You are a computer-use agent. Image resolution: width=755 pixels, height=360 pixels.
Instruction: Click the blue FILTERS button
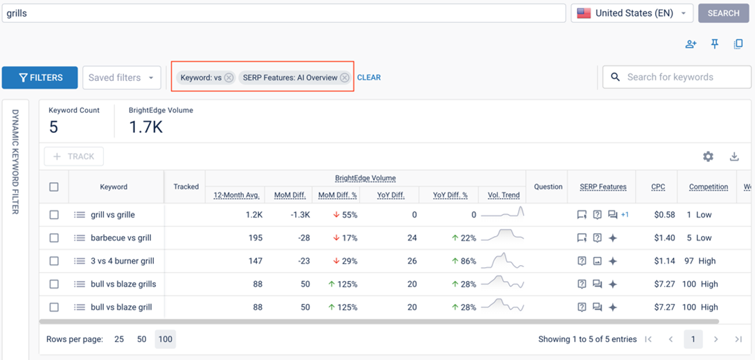40,78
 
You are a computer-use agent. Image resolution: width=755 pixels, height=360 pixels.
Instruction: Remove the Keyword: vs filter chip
229,78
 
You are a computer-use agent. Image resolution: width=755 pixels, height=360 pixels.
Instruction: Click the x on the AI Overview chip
344,78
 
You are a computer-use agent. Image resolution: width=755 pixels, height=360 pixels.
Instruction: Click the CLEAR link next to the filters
368,78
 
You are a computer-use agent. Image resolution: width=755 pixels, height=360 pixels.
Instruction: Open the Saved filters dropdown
121,78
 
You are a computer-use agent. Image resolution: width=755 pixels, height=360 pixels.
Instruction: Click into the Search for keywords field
682,78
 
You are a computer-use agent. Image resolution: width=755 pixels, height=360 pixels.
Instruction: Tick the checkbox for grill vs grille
54,215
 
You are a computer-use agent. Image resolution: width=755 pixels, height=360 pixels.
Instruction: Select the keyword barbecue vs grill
121,238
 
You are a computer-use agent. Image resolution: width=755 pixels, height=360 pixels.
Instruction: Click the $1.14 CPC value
664,261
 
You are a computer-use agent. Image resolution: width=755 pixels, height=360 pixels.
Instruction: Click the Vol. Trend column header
504,195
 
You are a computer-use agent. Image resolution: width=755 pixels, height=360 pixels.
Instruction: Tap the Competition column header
708,187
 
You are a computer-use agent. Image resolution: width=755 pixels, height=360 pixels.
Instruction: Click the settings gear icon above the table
708,156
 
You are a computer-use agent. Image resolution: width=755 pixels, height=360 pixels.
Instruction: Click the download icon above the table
734,156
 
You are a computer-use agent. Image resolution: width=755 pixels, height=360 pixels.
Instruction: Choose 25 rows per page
119,339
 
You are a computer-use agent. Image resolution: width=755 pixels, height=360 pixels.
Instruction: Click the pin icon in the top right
715,44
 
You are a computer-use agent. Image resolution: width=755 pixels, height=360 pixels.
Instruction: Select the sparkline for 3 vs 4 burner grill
503,261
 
